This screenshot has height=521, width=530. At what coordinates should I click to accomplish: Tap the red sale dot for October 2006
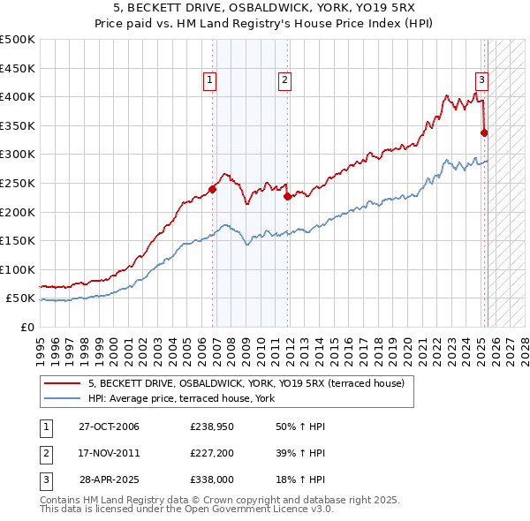213,188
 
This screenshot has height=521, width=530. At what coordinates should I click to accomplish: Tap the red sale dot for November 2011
288,196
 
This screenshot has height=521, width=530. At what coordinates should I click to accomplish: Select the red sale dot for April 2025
484,132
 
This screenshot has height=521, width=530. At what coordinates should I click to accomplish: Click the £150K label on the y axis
18,240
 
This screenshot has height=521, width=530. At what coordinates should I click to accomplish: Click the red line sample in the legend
61,383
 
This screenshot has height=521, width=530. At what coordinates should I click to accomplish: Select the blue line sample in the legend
61,398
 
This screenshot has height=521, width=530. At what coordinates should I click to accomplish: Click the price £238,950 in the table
211,427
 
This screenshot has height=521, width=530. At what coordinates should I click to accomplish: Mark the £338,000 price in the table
211,480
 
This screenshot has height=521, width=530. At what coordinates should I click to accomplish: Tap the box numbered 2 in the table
45,453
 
